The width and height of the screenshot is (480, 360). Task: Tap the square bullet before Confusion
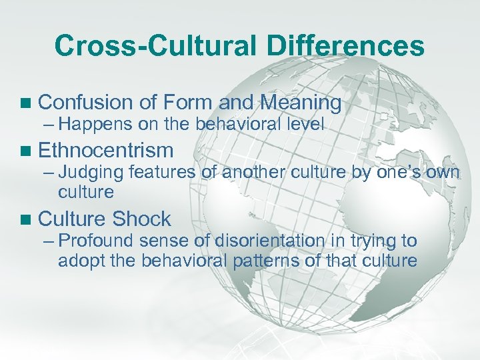click(26, 103)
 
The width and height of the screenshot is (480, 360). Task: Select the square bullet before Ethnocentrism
click(26, 150)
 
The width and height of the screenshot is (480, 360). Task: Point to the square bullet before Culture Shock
click(26, 219)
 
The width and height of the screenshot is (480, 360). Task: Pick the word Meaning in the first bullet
click(301, 103)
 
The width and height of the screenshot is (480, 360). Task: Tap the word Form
click(186, 103)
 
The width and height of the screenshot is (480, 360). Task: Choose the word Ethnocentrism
click(106, 150)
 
